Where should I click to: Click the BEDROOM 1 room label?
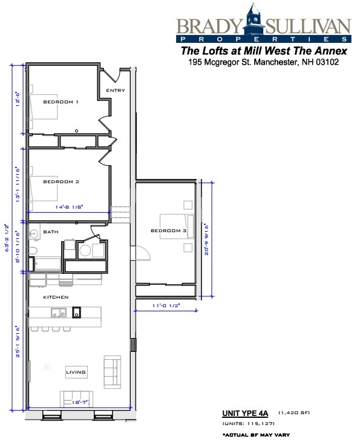click(61, 102)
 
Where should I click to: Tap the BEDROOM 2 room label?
click(61, 181)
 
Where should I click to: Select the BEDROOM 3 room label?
click(168, 231)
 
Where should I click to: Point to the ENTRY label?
click(115, 91)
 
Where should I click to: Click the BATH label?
click(51, 232)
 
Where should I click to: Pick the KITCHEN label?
click(55, 297)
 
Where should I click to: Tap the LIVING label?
click(76, 372)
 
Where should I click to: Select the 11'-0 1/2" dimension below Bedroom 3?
click(166, 305)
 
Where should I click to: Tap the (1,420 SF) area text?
click(293, 413)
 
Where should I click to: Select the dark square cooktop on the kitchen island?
click(77, 313)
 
